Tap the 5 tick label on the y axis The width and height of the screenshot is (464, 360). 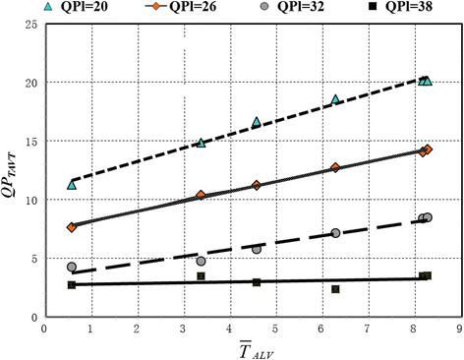tap(31, 259)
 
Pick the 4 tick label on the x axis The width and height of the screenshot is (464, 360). tap(229, 329)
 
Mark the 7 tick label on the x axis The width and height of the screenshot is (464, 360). tap(368, 329)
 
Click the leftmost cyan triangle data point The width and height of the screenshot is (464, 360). tap(72, 185)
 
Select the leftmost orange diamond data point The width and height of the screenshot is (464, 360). tap(72, 227)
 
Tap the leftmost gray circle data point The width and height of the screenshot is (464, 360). tap(72, 267)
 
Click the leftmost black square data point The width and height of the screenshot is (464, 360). tap(72, 285)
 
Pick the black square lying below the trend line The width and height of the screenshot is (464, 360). tap(335, 289)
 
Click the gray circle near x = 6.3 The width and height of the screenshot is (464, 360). tap(335, 233)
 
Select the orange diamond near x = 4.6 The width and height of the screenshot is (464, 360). tap(257, 185)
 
